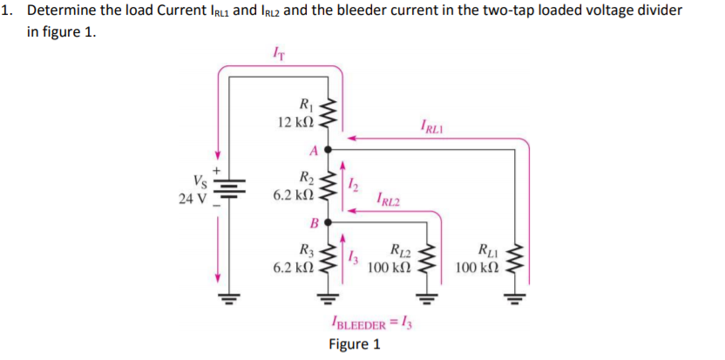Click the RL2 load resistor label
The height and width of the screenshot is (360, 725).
[401, 248]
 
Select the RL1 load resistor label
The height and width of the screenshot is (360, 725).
[489, 249]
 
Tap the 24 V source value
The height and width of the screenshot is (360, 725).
[193, 198]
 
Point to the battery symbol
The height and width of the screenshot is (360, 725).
[231, 189]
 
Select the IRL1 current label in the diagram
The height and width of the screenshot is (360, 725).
[430, 127]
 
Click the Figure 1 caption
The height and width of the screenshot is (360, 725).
[354, 343]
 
